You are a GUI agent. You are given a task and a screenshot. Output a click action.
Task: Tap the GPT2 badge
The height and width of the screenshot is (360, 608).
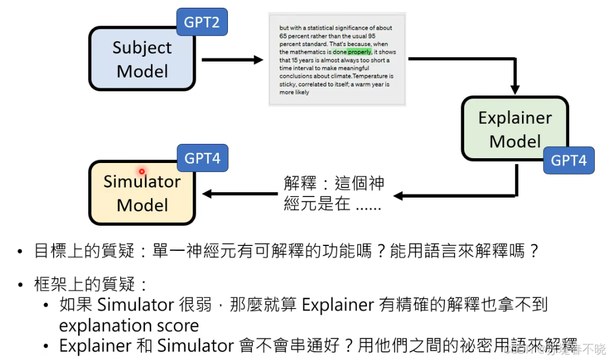[x=202, y=23]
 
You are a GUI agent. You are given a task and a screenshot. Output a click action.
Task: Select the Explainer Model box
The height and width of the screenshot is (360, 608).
[x=515, y=129]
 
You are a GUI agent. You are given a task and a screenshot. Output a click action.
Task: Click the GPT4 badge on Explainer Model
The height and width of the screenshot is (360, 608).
[x=569, y=160]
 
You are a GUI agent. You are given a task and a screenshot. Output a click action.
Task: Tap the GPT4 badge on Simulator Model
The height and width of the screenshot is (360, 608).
[x=202, y=158]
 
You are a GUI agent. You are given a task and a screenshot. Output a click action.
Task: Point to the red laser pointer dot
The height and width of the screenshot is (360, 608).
[x=141, y=171]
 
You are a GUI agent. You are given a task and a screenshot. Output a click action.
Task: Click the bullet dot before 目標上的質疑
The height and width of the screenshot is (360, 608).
[x=21, y=251]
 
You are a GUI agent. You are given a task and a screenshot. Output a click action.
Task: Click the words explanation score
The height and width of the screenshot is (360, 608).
[x=128, y=326]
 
